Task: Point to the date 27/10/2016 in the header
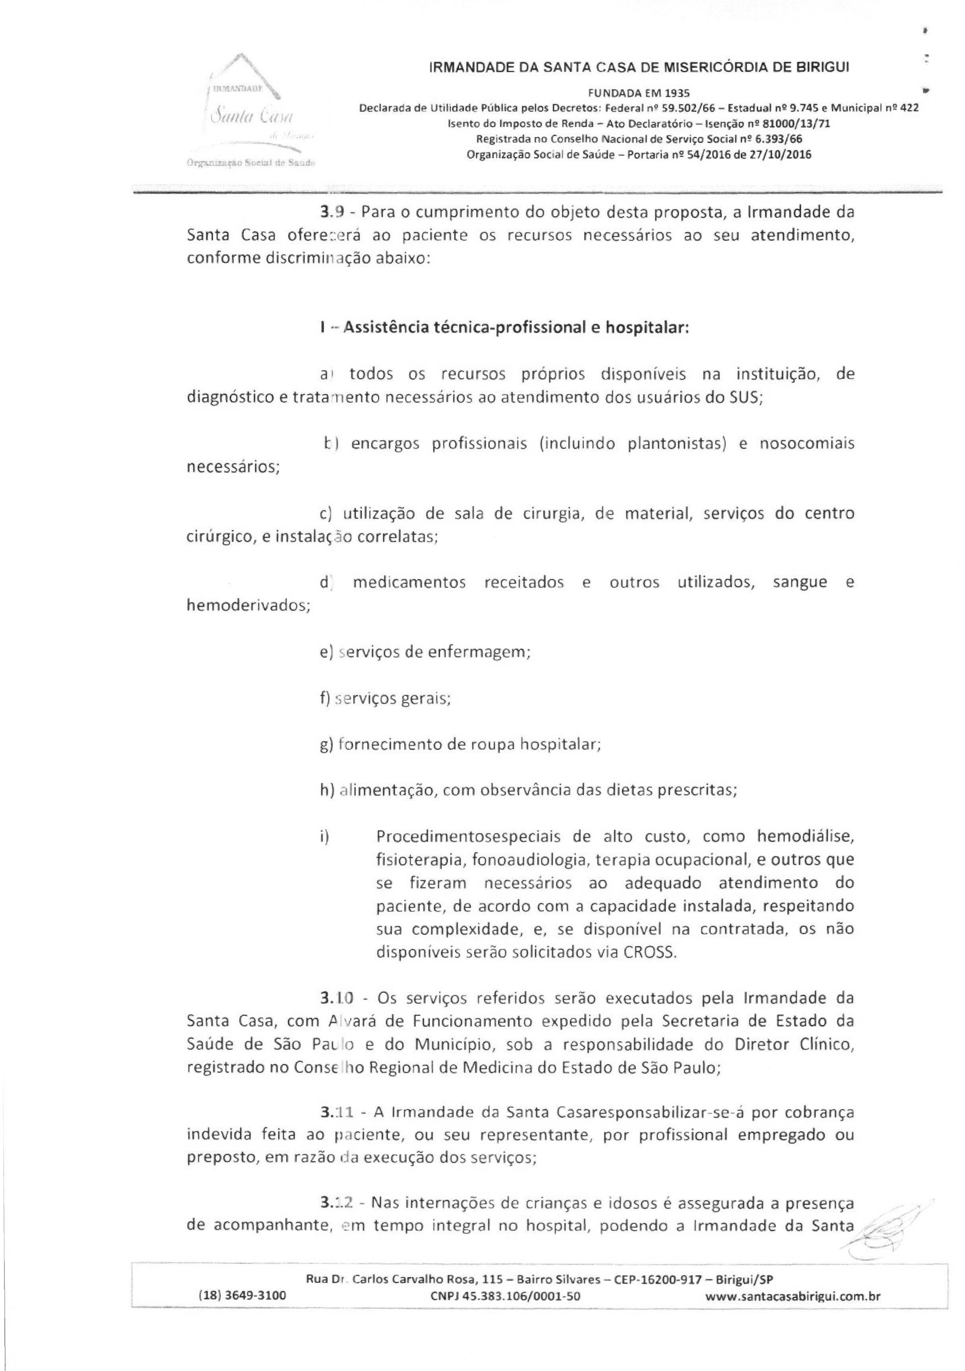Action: (x=778, y=155)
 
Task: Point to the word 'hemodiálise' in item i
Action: (x=806, y=836)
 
